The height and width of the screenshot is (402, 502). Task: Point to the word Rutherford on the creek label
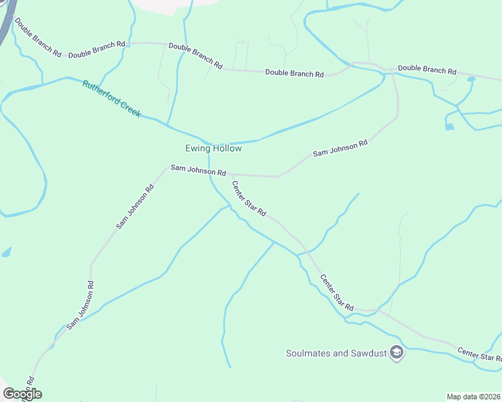[x=101, y=94]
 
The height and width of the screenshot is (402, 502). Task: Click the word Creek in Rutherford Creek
[x=130, y=110]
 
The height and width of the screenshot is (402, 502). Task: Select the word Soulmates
[x=309, y=353]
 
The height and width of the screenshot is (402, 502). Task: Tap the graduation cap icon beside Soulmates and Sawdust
[x=397, y=353]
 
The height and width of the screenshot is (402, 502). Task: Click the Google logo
[x=21, y=394]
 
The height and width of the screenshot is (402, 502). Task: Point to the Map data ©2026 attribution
[x=473, y=396]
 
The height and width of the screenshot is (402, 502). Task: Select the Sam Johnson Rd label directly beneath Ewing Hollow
[x=198, y=170]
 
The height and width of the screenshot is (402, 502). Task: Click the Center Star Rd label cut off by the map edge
[x=479, y=356]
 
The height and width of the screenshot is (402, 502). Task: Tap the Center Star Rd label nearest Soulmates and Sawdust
[x=336, y=292]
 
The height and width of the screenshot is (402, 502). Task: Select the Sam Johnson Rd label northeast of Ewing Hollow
[x=340, y=149]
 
